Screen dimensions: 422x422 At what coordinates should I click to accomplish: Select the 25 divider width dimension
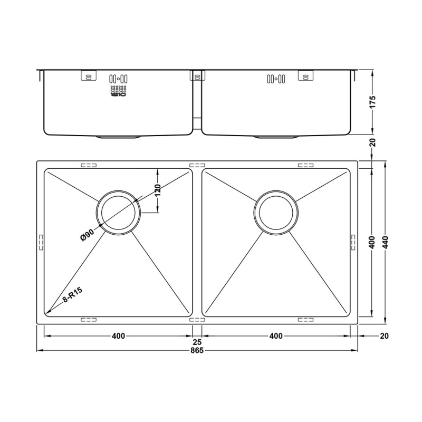click(x=197, y=342)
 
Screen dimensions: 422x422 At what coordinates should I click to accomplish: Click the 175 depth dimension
click(x=372, y=101)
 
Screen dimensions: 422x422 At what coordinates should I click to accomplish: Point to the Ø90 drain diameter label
click(x=88, y=234)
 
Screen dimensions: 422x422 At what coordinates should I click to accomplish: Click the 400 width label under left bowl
click(x=118, y=336)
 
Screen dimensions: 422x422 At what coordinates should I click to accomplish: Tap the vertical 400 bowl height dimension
click(x=372, y=242)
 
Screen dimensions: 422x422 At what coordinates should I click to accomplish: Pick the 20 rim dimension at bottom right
click(x=383, y=336)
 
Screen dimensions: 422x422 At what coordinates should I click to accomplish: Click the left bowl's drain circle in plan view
click(x=118, y=213)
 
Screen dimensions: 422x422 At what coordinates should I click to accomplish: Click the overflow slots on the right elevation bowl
click(x=276, y=79)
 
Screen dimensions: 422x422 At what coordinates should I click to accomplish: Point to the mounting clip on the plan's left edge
click(x=40, y=241)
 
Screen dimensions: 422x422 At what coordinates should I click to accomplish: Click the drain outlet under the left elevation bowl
click(x=118, y=137)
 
